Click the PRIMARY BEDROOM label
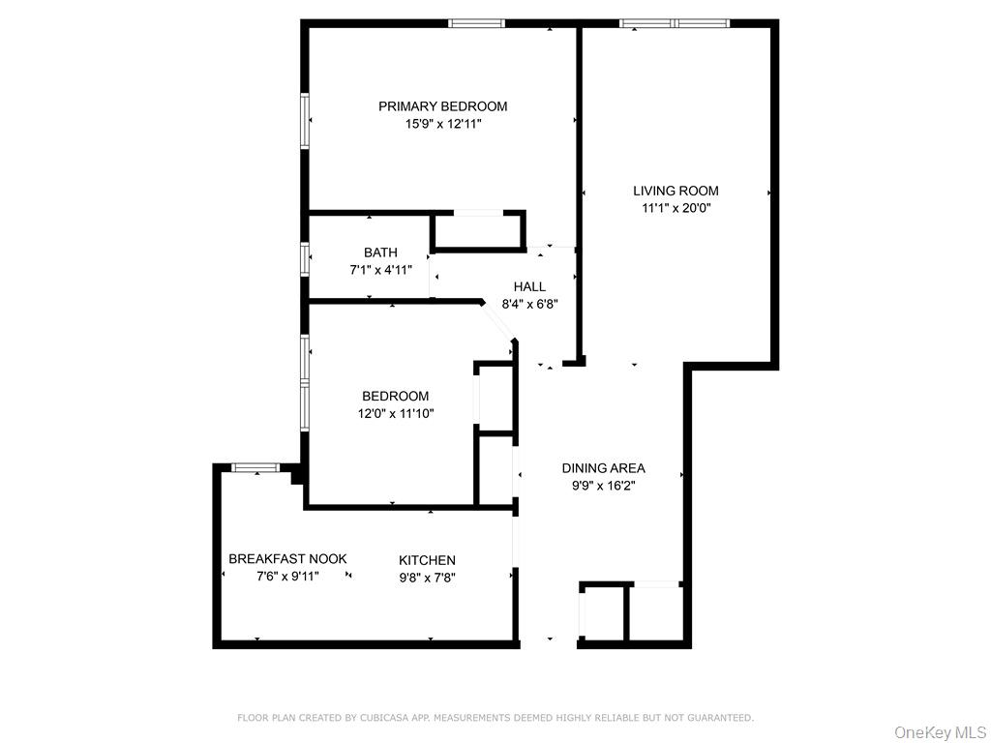(x=442, y=106)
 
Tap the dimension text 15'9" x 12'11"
(x=442, y=124)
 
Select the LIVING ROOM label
(x=676, y=191)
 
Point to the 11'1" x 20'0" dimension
(x=676, y=207)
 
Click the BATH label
(x=380, y=253)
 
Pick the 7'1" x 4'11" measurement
(x=380, y=270)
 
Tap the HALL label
(x=529, y=286)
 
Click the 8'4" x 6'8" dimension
(x=529, y=304)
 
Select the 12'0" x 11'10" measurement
(x=395, y=413)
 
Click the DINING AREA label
(x=603, y=468)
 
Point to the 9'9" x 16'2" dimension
(x=603, y=486)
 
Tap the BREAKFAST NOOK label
(x=287, y=558)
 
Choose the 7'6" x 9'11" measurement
(x=287, y=576)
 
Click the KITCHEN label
(x=427, y=560)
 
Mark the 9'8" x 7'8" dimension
(x=427, y=578)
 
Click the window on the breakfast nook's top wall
(x=255, y=468)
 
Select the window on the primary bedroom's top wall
(x=477, y=23)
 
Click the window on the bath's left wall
(x=305, y=258)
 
